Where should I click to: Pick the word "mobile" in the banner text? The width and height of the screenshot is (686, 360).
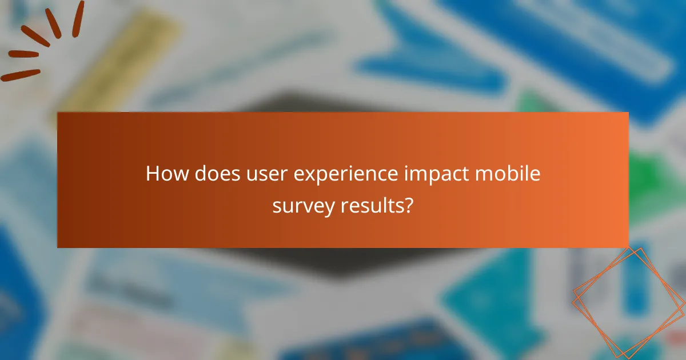[x=512, y=174]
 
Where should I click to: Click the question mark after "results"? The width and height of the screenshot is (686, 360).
[x=407, y=206]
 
